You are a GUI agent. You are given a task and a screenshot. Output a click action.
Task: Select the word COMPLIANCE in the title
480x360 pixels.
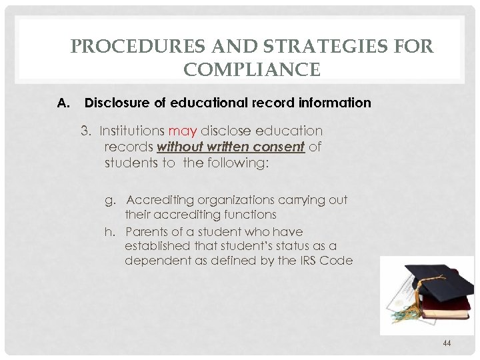click(x=252, y=69)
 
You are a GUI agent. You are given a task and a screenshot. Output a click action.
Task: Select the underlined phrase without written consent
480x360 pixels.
click(x=230, y=147)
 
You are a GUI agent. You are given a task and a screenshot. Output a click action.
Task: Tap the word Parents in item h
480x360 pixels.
click(x=147, y=232)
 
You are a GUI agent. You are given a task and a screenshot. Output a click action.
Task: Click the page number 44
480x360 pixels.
click(x=447, y=343)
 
